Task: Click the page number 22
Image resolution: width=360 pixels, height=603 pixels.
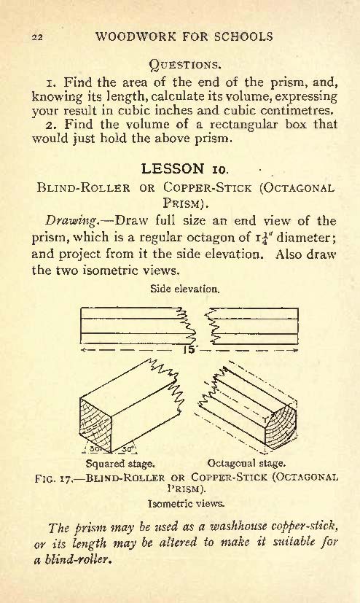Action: click(38, 37)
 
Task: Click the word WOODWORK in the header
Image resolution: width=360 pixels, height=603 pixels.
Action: click(136, 36)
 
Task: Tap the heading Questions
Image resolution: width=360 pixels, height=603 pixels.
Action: click(185, 64)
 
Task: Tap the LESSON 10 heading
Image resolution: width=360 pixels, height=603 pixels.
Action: click(185, 168)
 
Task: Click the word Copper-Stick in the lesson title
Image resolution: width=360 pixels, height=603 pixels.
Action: click(207, 187)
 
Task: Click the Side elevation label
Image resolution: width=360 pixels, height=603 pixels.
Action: click(185, 289)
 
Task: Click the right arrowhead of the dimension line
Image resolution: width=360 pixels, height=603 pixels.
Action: click(295, 350)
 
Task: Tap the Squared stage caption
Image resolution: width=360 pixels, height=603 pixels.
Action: click(120, 464)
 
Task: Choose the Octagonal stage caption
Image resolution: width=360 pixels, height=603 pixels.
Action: click(246, 463)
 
